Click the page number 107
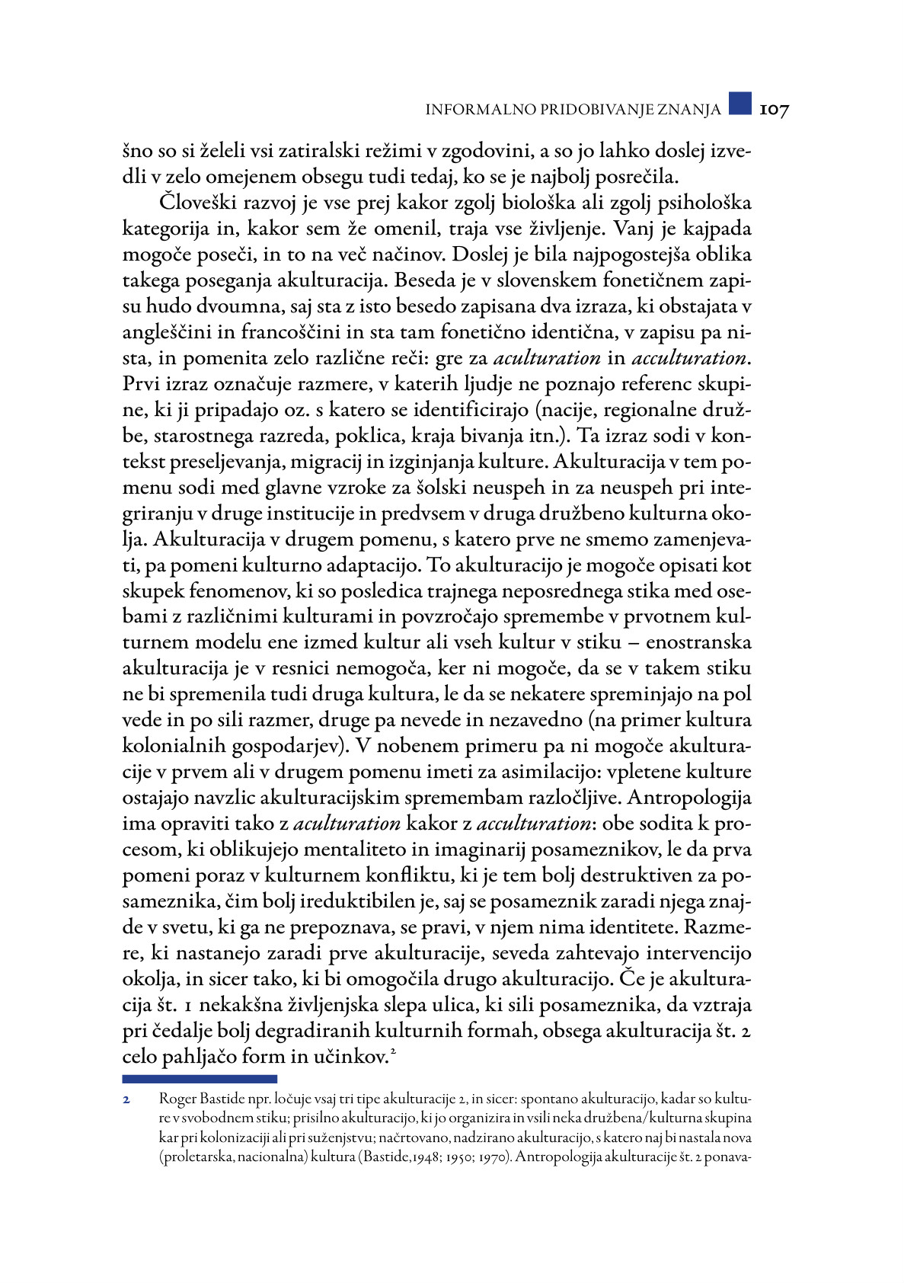774,110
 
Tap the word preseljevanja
232,462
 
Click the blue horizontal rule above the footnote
200,1079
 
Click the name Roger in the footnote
177,1100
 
